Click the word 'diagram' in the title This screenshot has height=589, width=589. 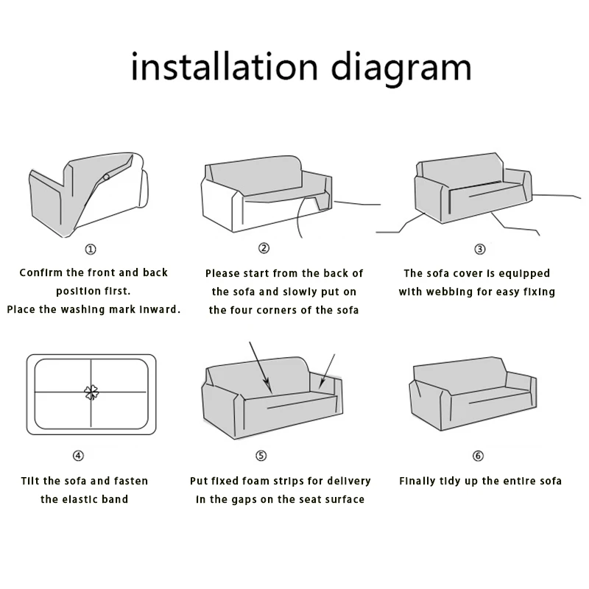[x=401, y=69]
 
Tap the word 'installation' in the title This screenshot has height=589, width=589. [x=225, y=66]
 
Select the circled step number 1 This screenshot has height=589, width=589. [x=91, y=249]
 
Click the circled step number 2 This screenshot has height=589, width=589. [x=264, y=248]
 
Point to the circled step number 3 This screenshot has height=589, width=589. [x=480, y=249]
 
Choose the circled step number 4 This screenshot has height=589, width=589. [x=78, y=456]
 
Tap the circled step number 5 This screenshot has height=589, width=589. [x=261, y=456]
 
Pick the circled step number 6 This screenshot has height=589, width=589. [x=478, y=456]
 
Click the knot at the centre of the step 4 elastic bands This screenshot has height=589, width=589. [x=91, y=392]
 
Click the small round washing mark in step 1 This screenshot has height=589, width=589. [x=106, y=177]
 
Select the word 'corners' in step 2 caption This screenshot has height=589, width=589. [x=277, y=310]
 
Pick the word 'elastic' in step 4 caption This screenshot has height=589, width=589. [x=77, y=499]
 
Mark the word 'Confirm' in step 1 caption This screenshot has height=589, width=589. [x=41, y=272]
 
